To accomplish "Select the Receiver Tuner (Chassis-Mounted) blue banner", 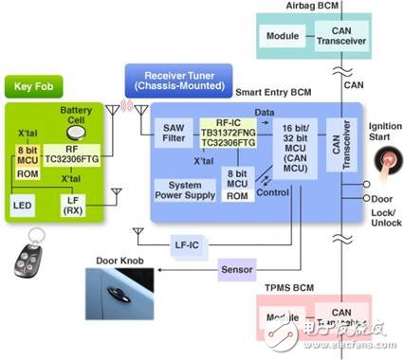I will pyautogui.click(x=176, y=79).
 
